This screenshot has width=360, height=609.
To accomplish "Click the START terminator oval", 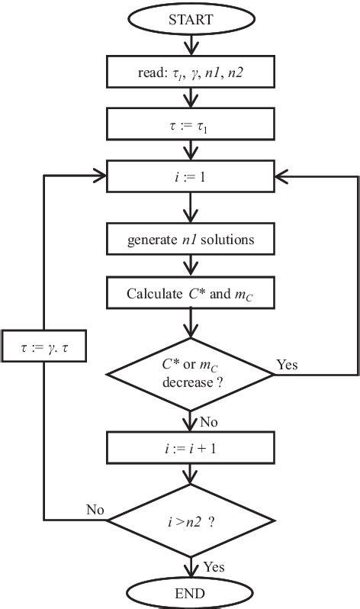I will click(190, 19).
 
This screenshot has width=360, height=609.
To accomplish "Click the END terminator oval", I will click(190, 593).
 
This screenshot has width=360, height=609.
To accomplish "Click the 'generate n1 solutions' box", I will click(190, 240).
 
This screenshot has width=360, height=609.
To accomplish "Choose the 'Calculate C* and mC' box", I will click(190, 292).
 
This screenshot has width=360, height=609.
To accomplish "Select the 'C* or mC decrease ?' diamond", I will click(190, 374).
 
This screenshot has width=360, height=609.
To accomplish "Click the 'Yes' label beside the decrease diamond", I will click(287, 365).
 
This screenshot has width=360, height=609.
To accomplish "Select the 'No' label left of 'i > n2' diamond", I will click(95, 509).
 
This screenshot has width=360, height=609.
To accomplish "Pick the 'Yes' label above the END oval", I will click(214, 566).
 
